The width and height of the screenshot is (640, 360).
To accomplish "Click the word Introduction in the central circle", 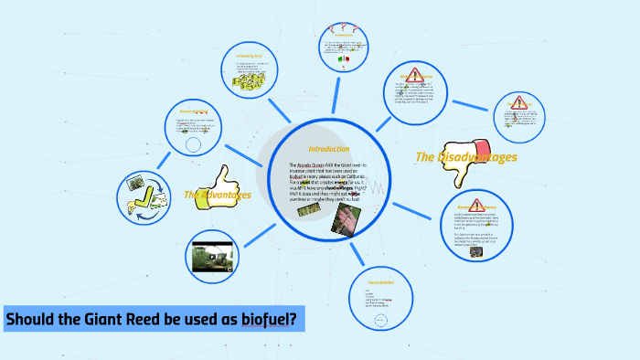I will coord(328,149).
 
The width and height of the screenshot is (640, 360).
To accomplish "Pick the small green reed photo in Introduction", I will coord(307,209).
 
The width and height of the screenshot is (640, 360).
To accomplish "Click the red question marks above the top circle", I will coord(343,29).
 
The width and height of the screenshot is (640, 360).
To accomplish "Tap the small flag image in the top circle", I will coord(345,59).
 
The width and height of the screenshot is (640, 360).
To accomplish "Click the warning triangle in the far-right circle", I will coord(521,103).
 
